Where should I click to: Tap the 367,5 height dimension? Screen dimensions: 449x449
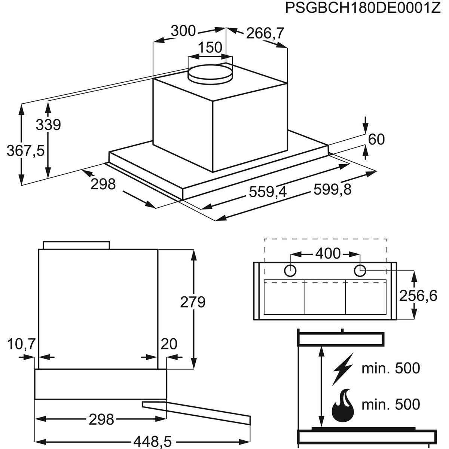(25, 151)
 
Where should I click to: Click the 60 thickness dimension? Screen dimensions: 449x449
(376, 139)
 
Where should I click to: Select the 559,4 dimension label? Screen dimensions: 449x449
(268, 192)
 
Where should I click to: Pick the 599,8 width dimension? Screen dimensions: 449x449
(333, 190)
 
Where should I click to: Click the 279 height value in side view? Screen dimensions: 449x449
(192, 302)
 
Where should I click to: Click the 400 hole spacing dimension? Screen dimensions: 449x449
(328, 254)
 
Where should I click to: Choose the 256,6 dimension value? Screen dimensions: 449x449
(418, 296)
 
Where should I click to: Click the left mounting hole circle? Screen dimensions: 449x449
(291, 270)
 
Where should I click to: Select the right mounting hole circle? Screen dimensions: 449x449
(360, 270)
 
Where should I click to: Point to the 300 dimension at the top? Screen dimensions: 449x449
(183, 31)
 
